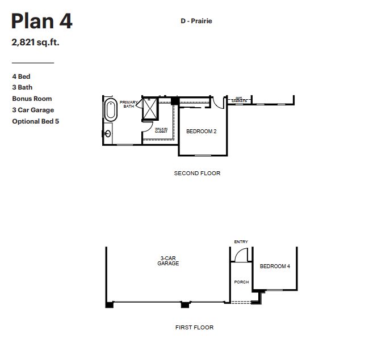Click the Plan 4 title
(41, 22)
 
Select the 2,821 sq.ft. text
(35, 42)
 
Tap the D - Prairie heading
(196, 21)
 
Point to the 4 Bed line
(21, 76)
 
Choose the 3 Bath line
(22, 87)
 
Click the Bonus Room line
(32, 99)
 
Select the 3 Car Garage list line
(33, 110)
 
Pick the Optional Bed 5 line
(35, 121)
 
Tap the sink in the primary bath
(107, 134)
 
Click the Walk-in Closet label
(161, 130)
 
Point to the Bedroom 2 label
(202, 132)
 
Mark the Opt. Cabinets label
(238, 100)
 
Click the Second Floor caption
(197, 173)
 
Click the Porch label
(241, 282)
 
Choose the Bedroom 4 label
(275, 266)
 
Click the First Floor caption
(195, 328)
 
